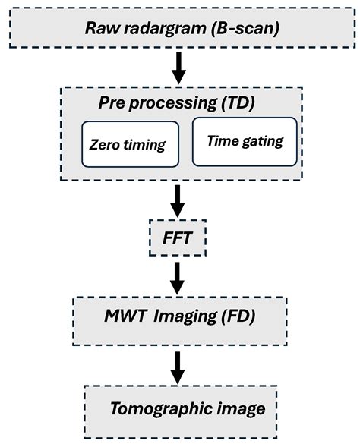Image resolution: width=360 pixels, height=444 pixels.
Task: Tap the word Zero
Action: pyautogui.click(x=107, y=143)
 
